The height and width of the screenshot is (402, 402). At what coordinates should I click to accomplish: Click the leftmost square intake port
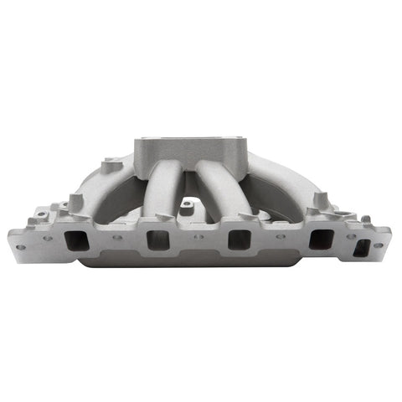77,240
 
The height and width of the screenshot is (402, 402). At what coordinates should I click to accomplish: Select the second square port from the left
157,240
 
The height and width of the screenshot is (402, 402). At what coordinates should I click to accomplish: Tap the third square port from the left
240,240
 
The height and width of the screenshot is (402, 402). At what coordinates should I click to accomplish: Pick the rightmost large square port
319,240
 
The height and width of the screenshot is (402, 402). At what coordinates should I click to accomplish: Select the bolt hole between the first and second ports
116,237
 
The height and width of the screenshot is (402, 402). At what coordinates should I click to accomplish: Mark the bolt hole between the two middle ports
198,237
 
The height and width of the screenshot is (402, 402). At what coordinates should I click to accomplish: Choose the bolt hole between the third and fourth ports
279,237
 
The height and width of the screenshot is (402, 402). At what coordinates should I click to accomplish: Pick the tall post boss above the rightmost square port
318,201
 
